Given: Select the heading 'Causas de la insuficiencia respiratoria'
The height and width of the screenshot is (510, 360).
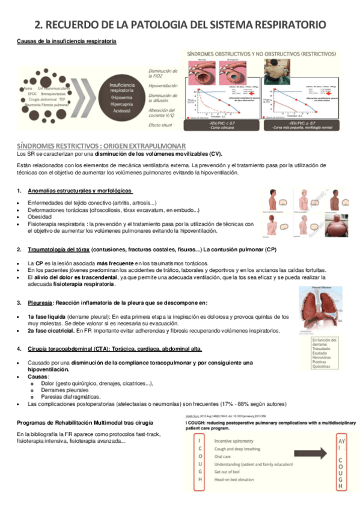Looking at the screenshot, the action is point(66,41).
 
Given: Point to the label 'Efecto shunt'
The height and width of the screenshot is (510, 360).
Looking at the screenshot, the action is point(160,125).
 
